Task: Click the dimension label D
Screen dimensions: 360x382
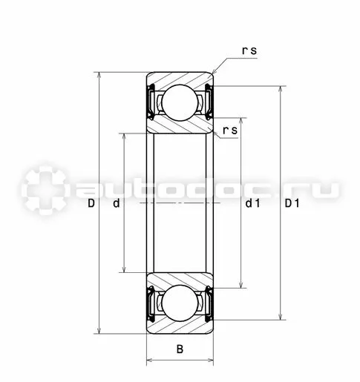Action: pyautogui.click(x=91, y=203)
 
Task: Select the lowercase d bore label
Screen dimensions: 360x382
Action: pyautogui.click(x=117, y=203)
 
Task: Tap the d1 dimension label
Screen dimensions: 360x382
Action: pyautogui.click(x=252, y=203)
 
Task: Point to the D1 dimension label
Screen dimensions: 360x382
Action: pyautogui.click(x=292, y=203)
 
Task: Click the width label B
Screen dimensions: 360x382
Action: pyautogui.click(x=180, y=349)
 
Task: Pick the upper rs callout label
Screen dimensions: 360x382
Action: pyautogui.click(x=249, y=50)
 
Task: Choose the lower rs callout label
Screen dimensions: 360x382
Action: pyautogui.click(x=230, y=130)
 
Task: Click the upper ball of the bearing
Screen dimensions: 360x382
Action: pyautogui.click(x=180, y=102)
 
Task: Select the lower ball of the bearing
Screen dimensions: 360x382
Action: pyautogui.click(x=180, y=303)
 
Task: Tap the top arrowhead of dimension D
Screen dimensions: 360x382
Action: pyautogui.click(x=99, y=76)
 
